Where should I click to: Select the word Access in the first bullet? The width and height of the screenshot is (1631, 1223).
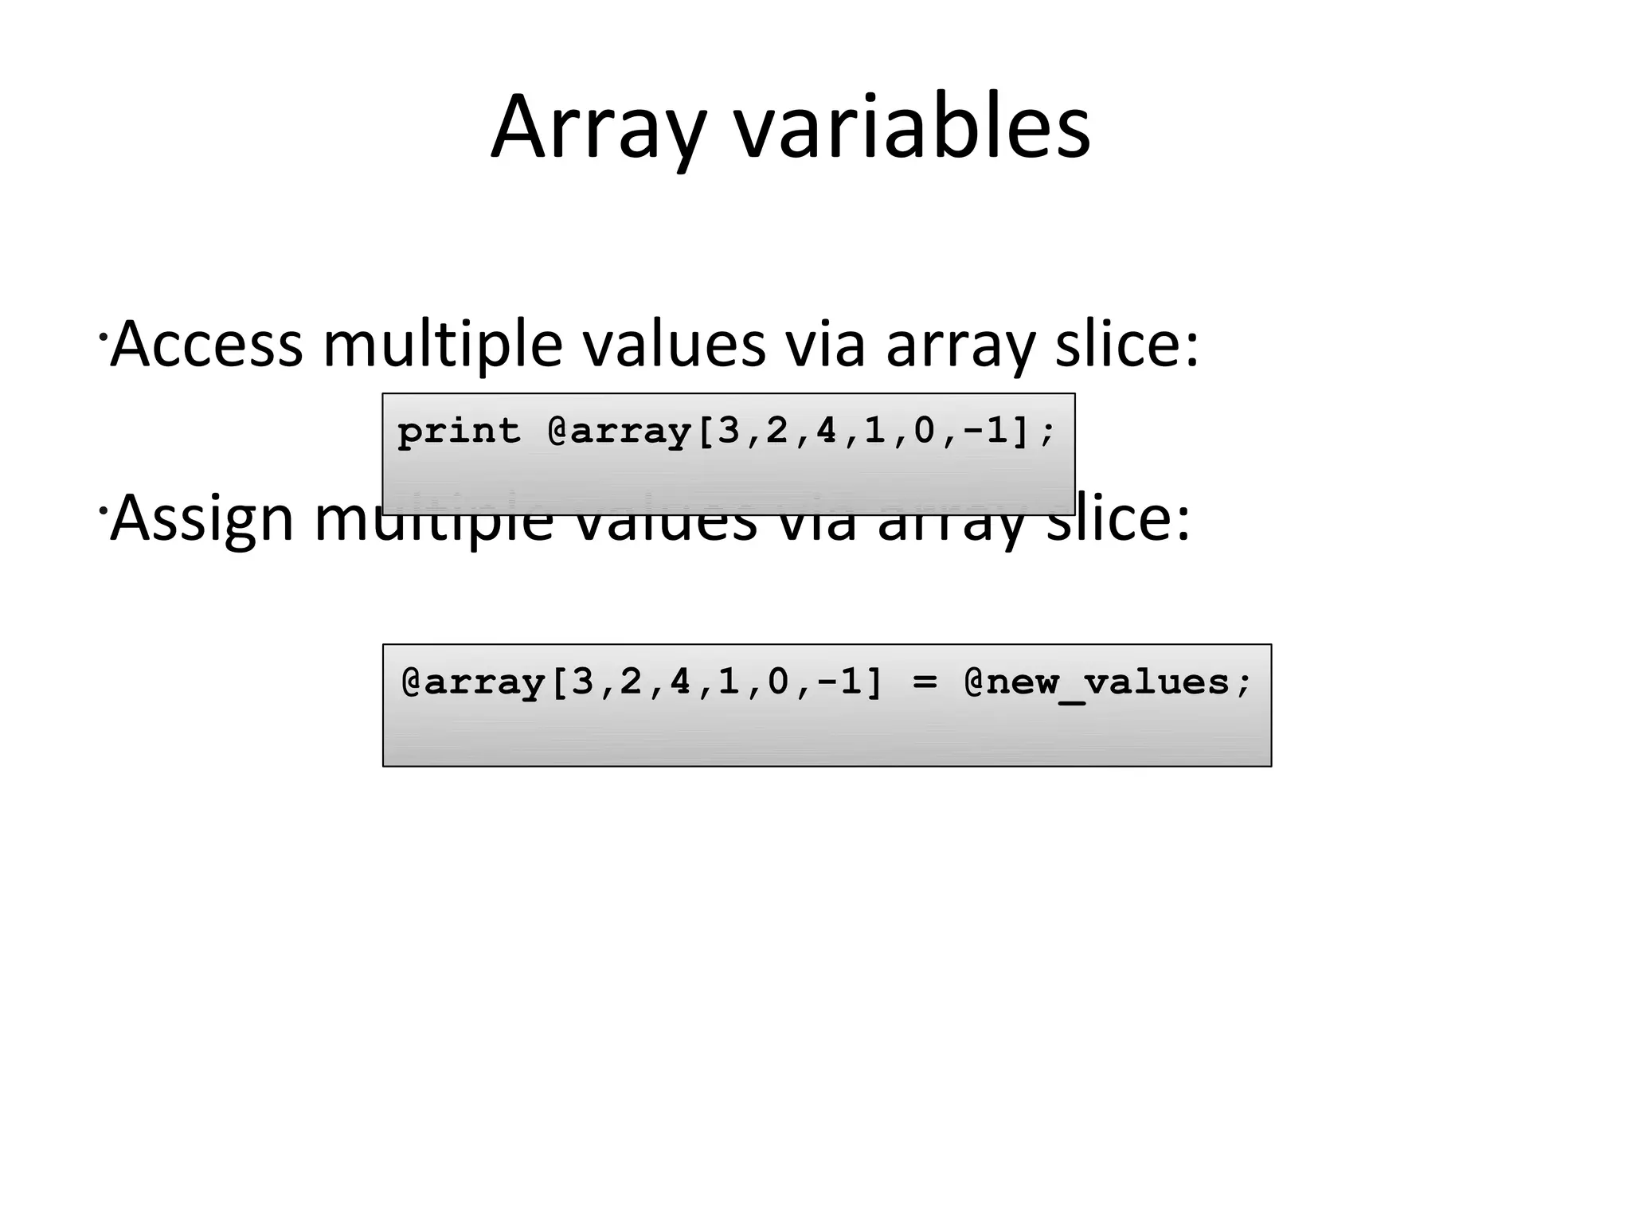(x=207, y=344)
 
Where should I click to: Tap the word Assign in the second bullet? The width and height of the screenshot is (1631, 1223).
(x=202, y=519)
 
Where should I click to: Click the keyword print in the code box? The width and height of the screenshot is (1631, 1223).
(x=459, y=432)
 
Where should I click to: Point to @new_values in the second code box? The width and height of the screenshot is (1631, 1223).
(x=1108, y=682)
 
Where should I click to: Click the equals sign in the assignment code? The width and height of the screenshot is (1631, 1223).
(x=924, y=682)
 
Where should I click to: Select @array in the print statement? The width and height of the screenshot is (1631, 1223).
(x=620, y=432)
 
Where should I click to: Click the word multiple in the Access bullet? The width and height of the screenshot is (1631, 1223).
(x=443, y=344)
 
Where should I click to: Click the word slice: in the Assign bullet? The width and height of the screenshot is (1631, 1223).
(x=1118, y=519)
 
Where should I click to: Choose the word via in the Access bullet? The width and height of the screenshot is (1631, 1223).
(x=825, y=344)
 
